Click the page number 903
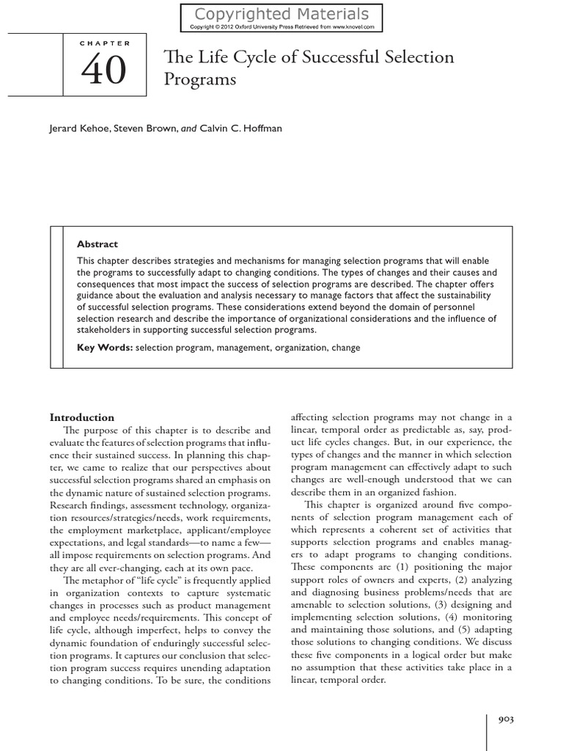click(506, 719)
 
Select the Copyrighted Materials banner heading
click(282, 14)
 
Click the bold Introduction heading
click(81, 417)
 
